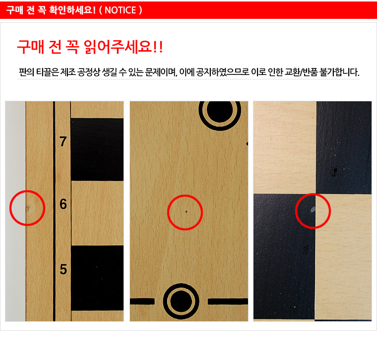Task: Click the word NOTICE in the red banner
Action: [x=120, y=10]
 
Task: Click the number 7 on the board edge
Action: [x=63, y=141]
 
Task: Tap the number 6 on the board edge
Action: [x=63, y=204]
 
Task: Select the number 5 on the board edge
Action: [x=63, y=269]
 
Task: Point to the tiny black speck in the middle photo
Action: [x=187, y=212]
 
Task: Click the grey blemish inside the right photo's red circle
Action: [x=313, y=210]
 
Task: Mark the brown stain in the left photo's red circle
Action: [x=28, y=208]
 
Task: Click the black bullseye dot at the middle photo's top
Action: [x=220, y=111]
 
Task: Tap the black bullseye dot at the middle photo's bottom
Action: [x=181, y=301]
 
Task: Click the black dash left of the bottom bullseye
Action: [x=142, y=301]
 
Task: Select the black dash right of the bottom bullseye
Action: [x=228, y=301]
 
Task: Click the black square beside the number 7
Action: [x=97, y=149]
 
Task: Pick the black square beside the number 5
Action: [x=97, y=278]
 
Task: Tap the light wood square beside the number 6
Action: [x=97, y=213]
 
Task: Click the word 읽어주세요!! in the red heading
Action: [x=124, y=47]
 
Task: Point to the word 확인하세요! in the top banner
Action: [x=72, y=10]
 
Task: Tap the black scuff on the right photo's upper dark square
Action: [x=334, y=171]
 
